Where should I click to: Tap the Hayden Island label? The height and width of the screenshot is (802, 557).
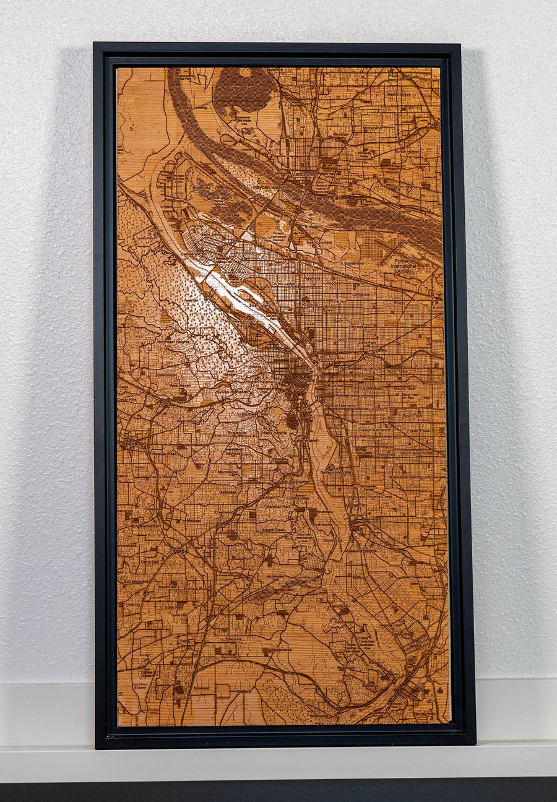[268, 186]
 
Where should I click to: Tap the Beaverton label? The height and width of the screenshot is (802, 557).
[134, 444]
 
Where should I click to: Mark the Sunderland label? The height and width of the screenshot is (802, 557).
[353, 263]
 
